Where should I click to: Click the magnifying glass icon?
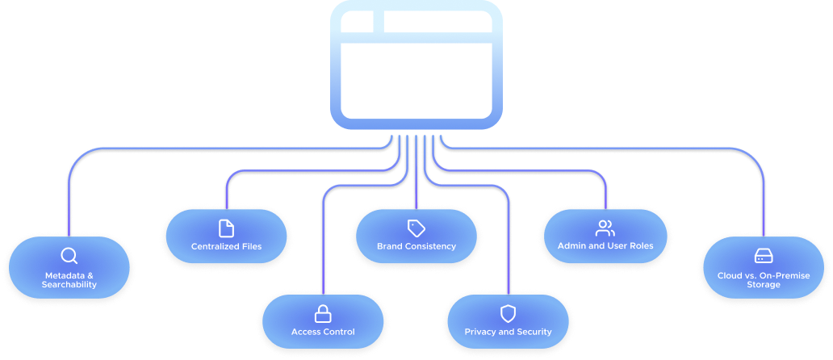point(69,256)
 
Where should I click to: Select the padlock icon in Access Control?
point(323,313)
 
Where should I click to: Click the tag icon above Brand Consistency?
point(416,228)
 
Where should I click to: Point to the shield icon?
point(508,313)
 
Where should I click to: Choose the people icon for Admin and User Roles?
point(605,228)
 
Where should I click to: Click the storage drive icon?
point(763,256)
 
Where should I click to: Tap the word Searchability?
point(71,284)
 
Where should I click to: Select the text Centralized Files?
point(227,246)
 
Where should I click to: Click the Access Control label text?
point(323,332)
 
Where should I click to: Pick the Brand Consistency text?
point(416,246)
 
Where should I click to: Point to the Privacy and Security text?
point(509,332)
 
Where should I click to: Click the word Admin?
point(572,245)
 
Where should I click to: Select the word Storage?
point(763,284)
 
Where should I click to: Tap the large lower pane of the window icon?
point(416,81)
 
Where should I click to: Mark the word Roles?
point(639,245)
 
